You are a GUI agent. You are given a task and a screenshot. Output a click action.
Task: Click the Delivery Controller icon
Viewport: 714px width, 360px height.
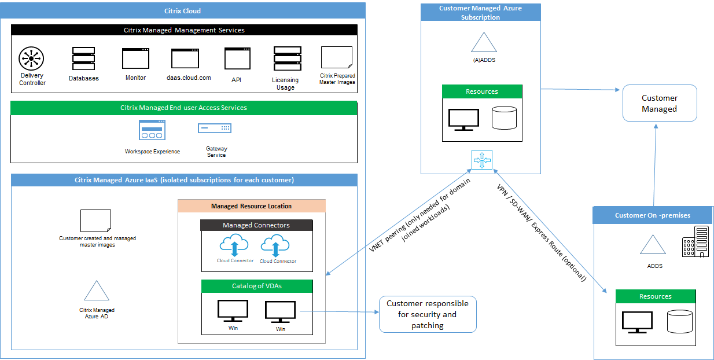point(32,59)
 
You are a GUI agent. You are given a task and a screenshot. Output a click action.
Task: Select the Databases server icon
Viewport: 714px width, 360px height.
point(83,58)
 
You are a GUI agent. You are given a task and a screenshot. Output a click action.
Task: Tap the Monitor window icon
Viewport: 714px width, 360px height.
point(135,58)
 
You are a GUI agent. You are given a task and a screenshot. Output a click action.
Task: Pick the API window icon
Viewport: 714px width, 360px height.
point(237,58)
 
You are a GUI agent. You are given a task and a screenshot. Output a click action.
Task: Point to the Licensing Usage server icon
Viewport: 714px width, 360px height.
point(286,58)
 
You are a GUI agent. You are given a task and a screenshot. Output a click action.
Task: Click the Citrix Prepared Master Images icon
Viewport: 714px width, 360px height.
point(337,58)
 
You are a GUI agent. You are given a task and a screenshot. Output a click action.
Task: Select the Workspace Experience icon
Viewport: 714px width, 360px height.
point(152,130)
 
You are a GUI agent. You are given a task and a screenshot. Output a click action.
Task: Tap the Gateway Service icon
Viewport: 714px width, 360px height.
point(215,128)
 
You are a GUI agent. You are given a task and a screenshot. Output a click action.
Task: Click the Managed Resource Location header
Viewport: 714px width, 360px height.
point(252,206)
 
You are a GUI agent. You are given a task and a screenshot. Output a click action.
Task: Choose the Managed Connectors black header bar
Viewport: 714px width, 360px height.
point(256,225)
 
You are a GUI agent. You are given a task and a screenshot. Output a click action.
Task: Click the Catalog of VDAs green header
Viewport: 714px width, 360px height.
point(256,286)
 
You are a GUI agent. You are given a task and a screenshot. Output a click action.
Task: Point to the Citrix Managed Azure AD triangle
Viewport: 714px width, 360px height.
point(97,291)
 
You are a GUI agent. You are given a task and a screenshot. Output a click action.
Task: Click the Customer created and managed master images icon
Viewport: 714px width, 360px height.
point(96,221)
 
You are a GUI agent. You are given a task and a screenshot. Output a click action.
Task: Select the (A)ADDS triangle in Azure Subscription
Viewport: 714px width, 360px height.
point(484,44)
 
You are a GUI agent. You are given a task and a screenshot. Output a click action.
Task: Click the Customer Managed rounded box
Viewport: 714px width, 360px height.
point(660,103)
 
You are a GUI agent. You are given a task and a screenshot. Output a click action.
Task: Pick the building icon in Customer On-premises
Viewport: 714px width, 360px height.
point(695,241)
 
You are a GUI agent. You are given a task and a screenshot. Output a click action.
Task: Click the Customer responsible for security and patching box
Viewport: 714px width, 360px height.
point(428,314)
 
